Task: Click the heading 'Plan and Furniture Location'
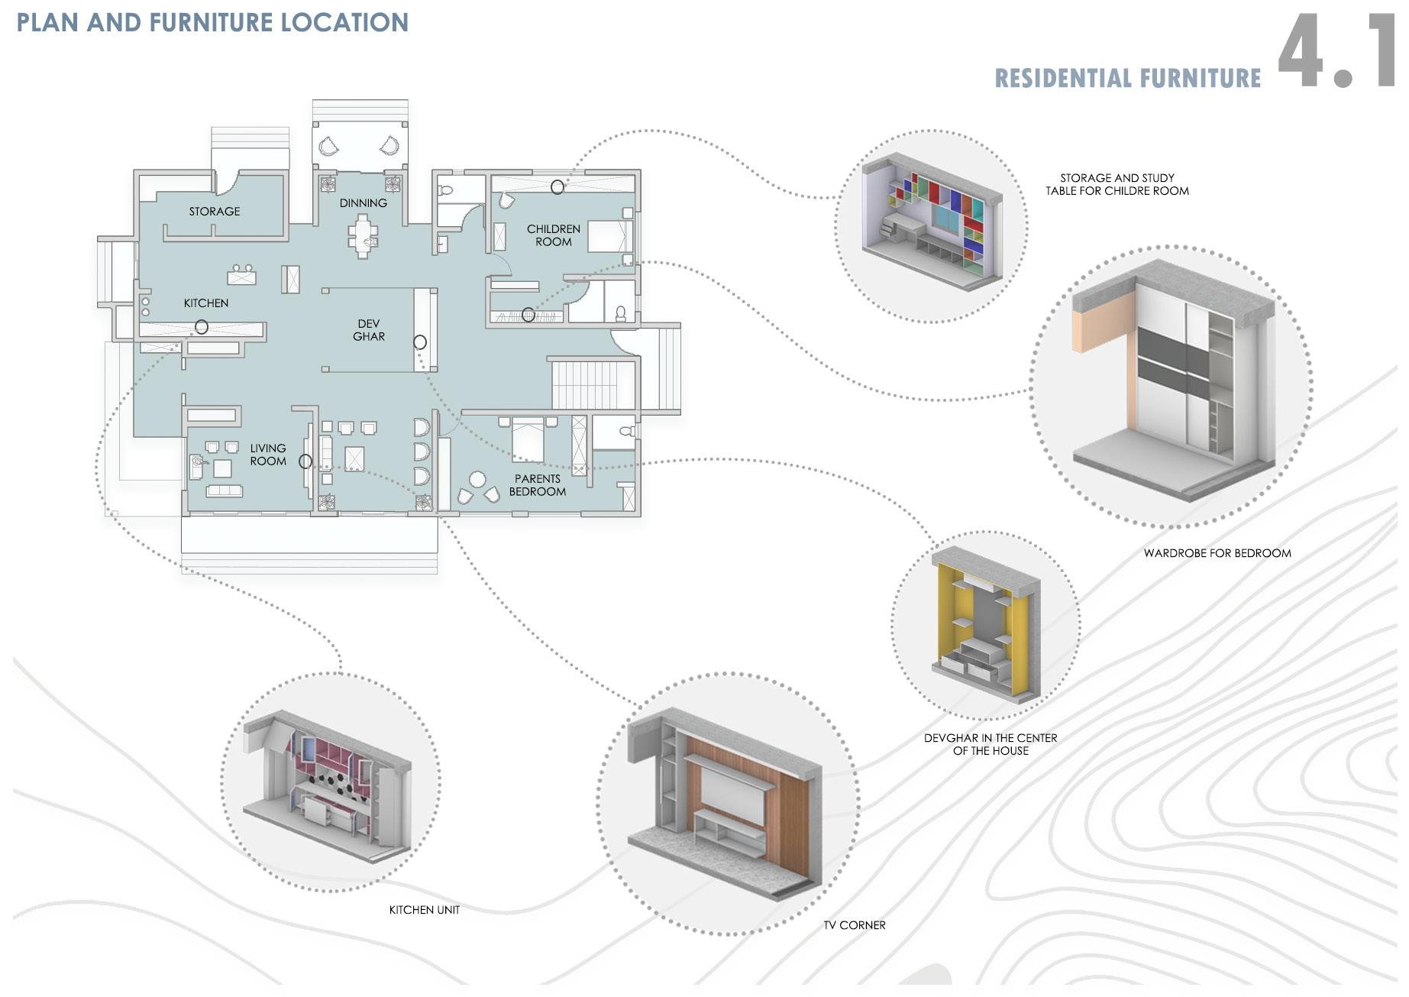click(x=212, y=23)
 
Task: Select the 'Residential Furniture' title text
click(x=1127, y=79)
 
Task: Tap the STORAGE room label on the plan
click(x=215, y=211)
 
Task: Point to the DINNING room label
click(x=364, y=202)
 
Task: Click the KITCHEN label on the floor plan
click(x=206, y=303)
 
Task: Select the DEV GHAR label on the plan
click(x=369, y=330)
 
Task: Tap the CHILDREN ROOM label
click(x=554, y=235)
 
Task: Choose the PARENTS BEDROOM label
click(x=538, y=485)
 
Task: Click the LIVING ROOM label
click(x=268, y=455)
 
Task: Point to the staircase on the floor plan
click(x=593, y=384)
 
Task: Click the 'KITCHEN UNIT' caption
click(x=425, y=910)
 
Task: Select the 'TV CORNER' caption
click(x=855, y=925)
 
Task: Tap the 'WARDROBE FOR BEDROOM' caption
click(x=1217, y=553)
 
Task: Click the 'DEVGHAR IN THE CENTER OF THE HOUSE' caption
click(x=991, y=744)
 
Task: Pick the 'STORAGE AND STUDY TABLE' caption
click(x=1117, y=184)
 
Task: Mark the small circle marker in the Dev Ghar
click(x=420, y=342)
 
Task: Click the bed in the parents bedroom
click(x=528, y=439)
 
